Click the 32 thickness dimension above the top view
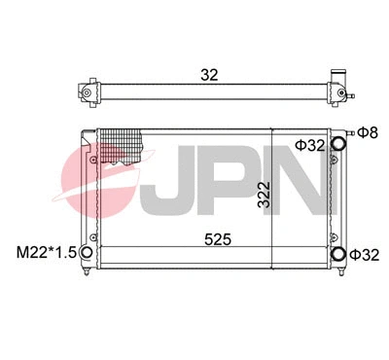(x=208, y=72)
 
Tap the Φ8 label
(x=367, y=131)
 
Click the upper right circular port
(x=338, y=145)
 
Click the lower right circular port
(x=338, y=254)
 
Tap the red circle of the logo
(x=102, y=180)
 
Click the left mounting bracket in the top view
(x=87, y=93)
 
